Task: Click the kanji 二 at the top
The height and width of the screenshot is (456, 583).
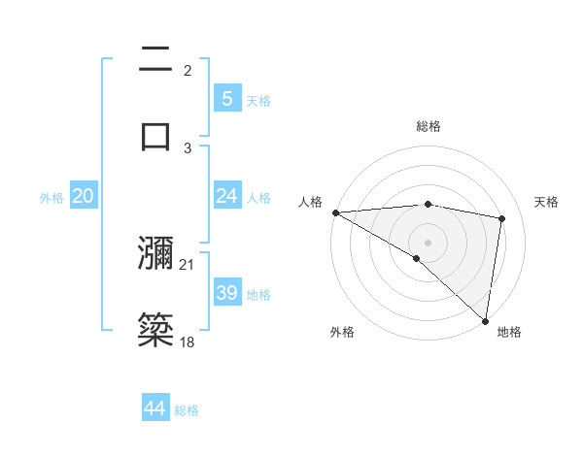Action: [x=156, y=60]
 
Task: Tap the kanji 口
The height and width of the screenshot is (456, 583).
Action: [x=156, y=134]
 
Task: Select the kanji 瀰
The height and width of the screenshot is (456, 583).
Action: [x=156, y=254]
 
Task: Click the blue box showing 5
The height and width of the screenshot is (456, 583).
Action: [x=226, y=98]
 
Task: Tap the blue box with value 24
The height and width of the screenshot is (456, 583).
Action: [x=226, y=196]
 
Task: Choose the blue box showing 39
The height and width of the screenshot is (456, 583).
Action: [x=226, y=293]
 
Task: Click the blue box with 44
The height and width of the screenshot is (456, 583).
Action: [x=155, y=408]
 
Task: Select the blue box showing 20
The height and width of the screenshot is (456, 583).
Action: [x=84, y=196]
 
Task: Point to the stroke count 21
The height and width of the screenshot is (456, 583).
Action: [x=187, y=265]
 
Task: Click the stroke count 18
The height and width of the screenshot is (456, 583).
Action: [x=187, y=342]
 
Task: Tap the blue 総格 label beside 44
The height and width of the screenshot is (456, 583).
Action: [x=188, y=410]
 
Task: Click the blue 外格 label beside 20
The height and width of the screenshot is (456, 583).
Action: [x=51, y=198]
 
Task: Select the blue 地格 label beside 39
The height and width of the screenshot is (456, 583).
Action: [x=259, y=295]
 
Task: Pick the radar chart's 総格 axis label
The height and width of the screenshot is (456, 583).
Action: [x=429, y=126]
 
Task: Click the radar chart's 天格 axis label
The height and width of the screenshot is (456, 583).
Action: [x=547, y=202]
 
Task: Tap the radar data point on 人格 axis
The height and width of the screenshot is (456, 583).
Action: [x=335, y=212]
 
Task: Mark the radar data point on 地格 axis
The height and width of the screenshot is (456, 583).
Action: [x=485, y=320]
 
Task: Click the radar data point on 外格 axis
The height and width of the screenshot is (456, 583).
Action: [x=417, y=258]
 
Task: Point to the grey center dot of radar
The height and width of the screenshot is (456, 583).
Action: [x=428, y=242]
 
